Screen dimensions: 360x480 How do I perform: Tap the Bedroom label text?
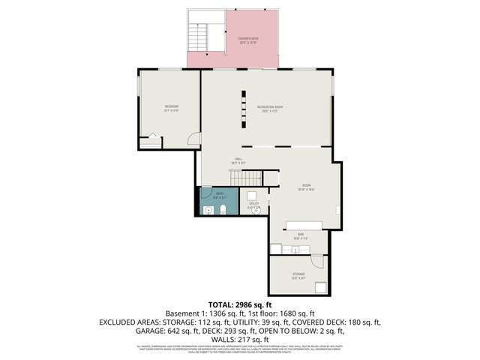[172, 108]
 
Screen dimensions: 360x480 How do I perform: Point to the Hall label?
[238, 160]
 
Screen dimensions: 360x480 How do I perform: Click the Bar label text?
[300, 236]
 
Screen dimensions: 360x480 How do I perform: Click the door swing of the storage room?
[318, 262]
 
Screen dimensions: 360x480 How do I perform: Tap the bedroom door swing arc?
[193, 139]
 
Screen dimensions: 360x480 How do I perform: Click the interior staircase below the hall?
[246, 178]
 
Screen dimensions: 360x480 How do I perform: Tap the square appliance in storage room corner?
[320, 286]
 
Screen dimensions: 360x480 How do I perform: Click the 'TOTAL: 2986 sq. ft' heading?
[240, 304]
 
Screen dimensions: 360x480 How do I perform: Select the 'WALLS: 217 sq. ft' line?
[240, 338]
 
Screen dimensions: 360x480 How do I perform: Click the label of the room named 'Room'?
[306, 186]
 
